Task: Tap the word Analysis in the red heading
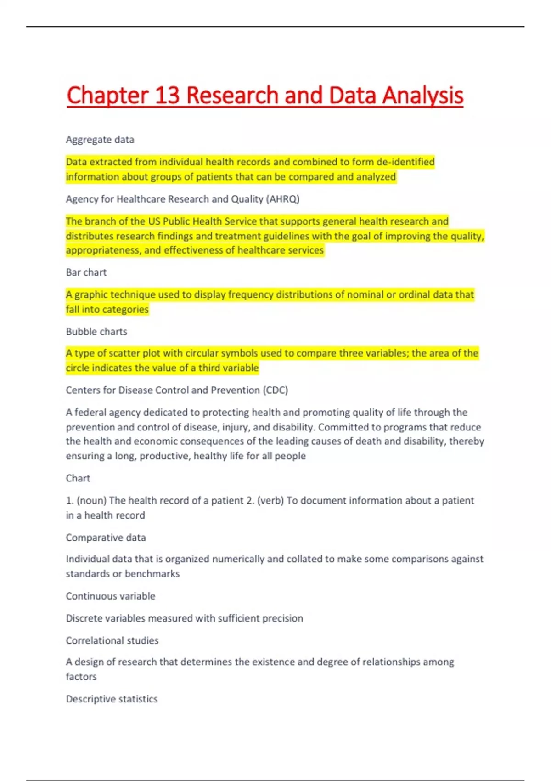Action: (422, 96)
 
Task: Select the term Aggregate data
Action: (100, 140)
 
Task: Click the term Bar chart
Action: (86, 272)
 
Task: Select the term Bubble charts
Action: (96, 332)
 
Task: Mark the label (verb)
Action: (270, 500)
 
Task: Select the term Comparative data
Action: (106, 538)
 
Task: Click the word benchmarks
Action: (152, 574)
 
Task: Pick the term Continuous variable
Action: (111, 596)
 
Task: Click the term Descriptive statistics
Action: (112, 699)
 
